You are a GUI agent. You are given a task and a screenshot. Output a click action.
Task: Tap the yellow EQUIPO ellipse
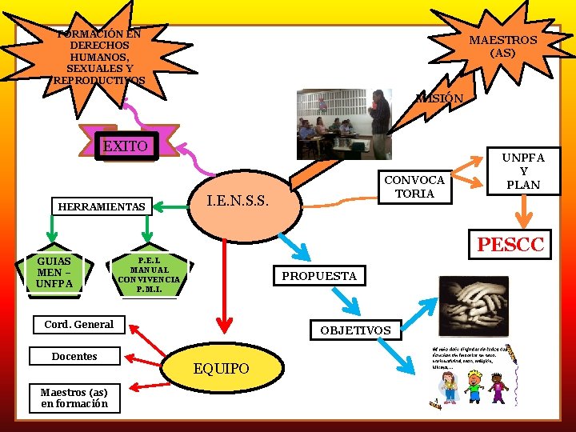click(222, 368)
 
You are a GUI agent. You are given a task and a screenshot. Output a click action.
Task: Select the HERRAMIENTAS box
click(102, 206)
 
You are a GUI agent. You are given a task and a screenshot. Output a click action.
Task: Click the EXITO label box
click(126, 146)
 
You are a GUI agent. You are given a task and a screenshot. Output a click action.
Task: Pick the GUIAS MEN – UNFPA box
click(54, 273)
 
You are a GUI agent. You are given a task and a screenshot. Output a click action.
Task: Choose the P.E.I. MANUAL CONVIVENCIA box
click(149, 274)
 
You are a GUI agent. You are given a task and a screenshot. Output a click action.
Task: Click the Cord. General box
click(79, 324)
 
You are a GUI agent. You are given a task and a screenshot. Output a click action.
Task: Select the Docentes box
click(74, 356)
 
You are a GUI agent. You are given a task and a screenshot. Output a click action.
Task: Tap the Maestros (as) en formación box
click(74, 398)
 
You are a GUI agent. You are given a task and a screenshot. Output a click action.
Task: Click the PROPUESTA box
click(319, 276)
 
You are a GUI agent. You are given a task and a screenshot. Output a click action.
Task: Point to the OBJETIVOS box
click(355, 330)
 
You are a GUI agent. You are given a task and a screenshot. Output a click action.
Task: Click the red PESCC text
click(510, 244)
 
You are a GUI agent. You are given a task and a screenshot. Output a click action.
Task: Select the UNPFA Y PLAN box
click(524, 170)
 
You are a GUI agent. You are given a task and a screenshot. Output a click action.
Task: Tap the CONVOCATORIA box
click(415, 187)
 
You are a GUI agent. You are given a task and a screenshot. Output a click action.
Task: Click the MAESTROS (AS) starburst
click(502, 46)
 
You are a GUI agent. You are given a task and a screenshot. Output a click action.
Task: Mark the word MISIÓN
click(439, 98)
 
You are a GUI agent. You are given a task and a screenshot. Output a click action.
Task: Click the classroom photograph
click(344, 124)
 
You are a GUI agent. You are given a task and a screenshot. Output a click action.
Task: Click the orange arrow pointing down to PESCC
click(525, 213)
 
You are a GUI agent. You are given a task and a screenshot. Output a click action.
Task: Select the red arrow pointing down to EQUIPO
click(224, 288)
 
